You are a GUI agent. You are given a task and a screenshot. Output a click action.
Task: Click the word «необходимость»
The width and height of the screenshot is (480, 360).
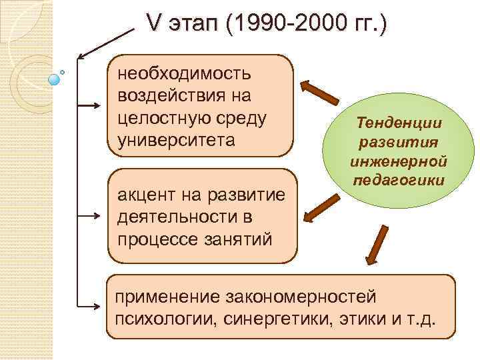click(x=184, y=71)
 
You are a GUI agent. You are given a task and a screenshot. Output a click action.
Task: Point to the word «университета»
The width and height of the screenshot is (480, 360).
click(x=177, y=141)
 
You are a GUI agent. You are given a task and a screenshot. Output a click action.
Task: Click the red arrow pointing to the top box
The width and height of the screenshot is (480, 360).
click(x=321, y=94)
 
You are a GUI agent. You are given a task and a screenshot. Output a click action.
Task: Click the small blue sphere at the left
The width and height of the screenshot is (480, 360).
click(x=55, y=79)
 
